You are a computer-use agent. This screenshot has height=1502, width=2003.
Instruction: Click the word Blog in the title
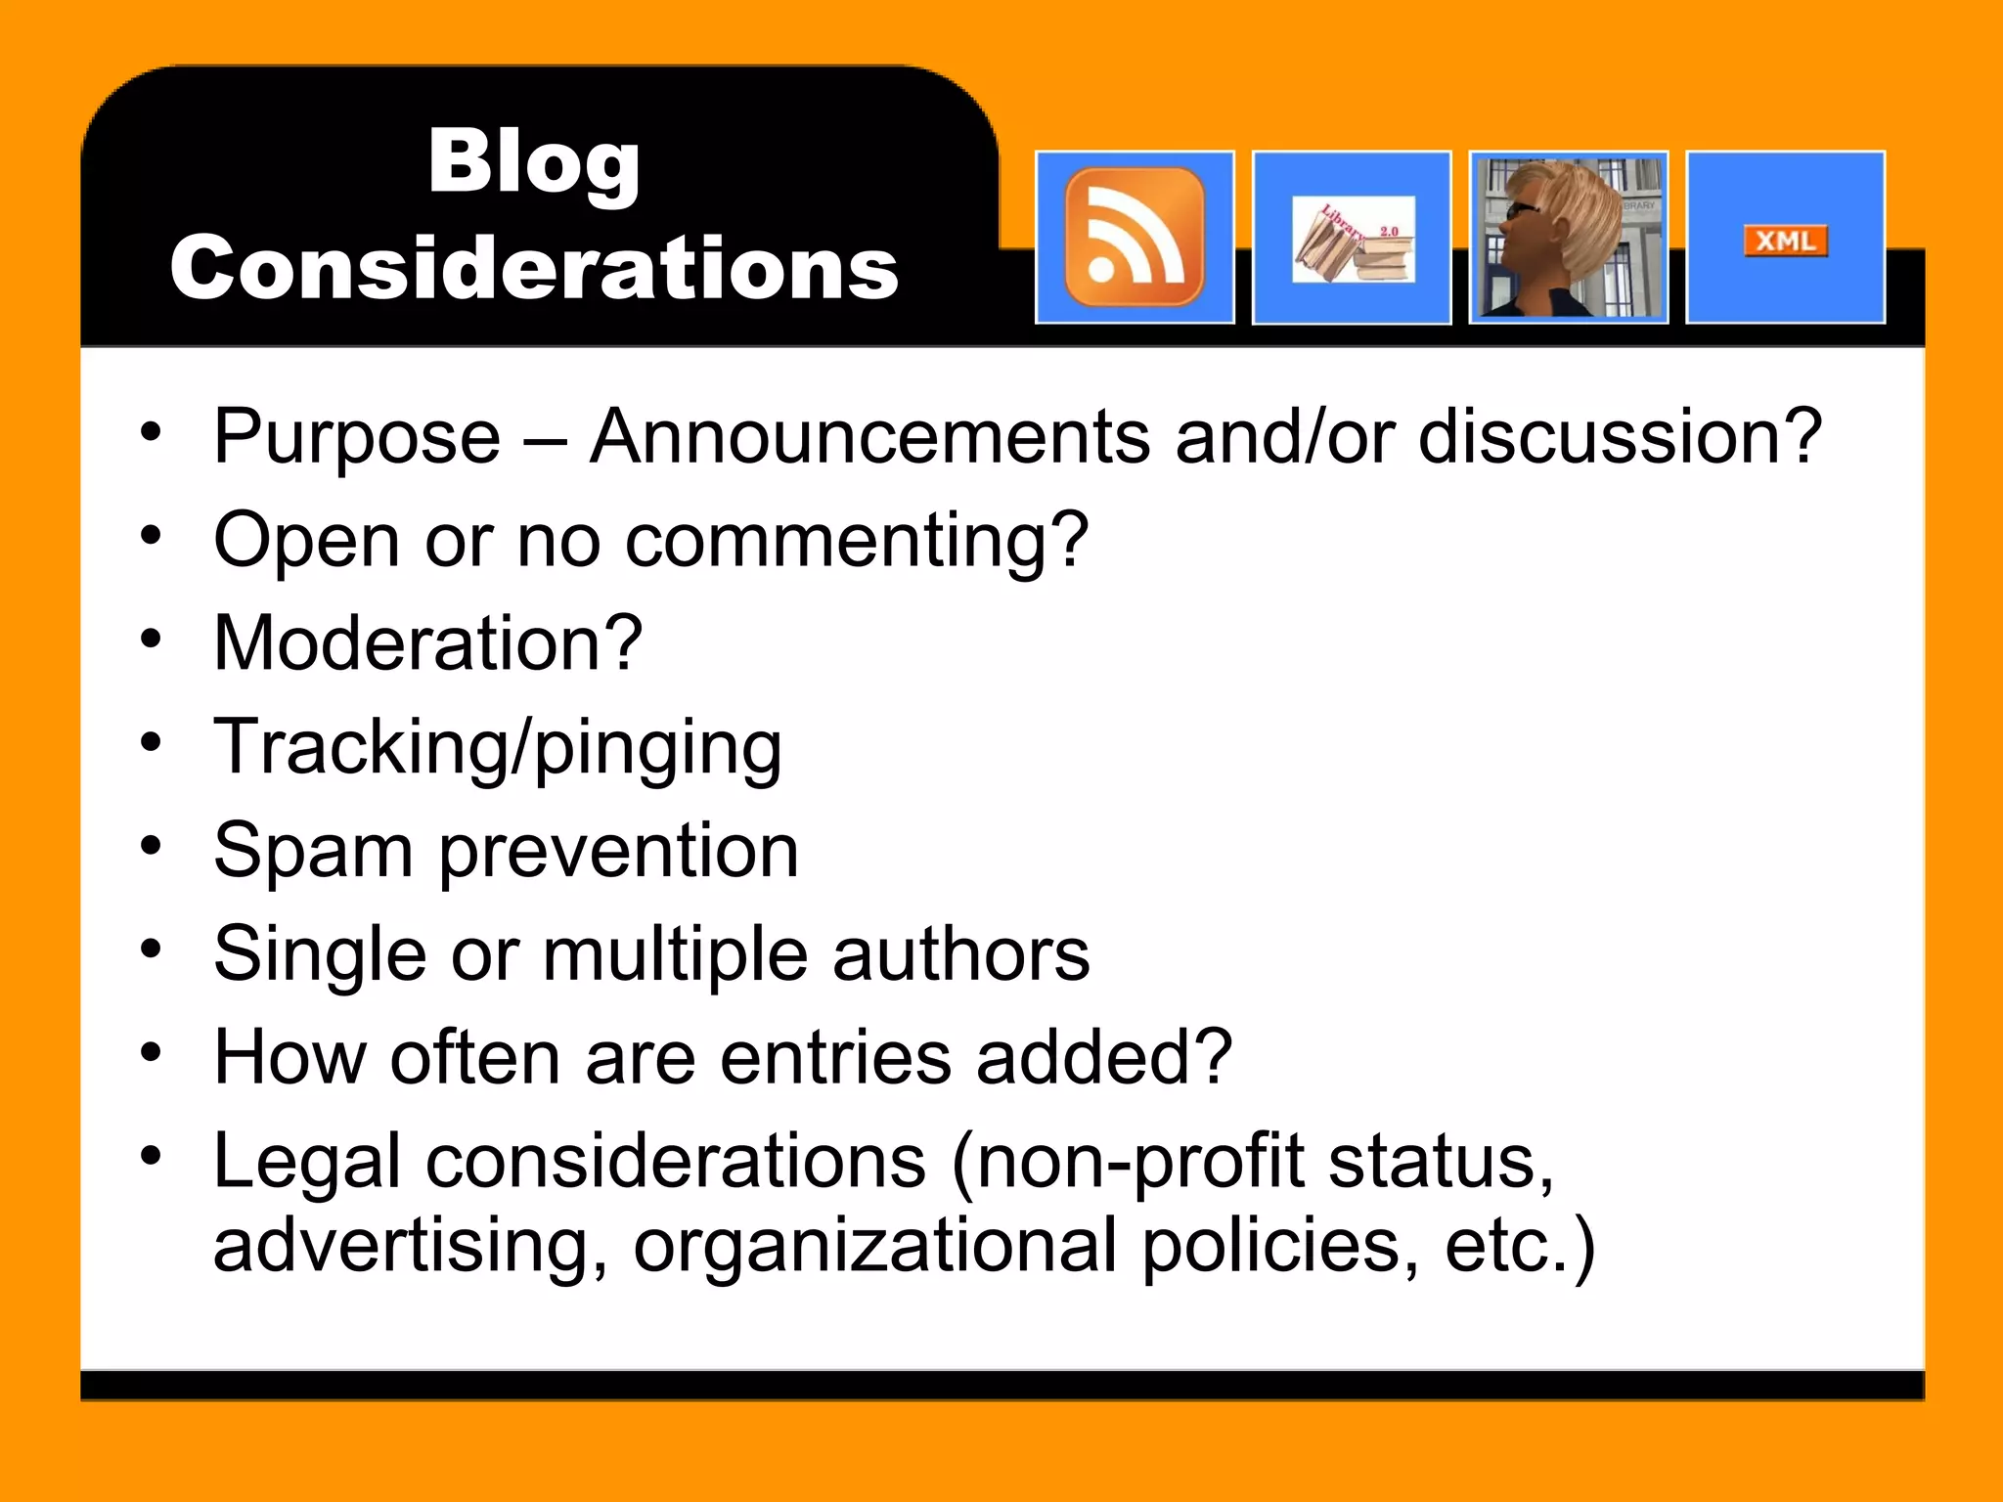click(534, 163)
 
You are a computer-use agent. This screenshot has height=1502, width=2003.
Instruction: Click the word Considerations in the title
click(534, 268)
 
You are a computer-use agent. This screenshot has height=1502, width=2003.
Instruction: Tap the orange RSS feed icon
click(1135, 238)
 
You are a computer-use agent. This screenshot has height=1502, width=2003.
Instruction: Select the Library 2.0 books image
click(1353, 240)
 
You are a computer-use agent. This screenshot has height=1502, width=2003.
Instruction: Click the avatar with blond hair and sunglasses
click(1568, 238)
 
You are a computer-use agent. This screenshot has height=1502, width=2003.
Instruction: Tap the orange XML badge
click(1785, 241)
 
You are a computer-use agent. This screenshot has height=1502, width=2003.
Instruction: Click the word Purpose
click(357, 437)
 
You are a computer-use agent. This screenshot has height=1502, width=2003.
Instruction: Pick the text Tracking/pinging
click(498, 747)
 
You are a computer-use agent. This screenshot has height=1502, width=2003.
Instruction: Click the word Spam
click(313, 851)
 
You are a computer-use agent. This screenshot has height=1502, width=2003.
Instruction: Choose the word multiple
click(675, 954)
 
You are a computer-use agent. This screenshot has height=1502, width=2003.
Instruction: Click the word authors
click(960, 954)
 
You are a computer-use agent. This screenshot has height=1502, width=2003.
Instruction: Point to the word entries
click(835, 1058)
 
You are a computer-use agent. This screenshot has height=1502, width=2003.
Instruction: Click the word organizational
click(874, 1246)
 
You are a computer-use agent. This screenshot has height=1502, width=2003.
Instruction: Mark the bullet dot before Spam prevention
click(150, 845)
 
